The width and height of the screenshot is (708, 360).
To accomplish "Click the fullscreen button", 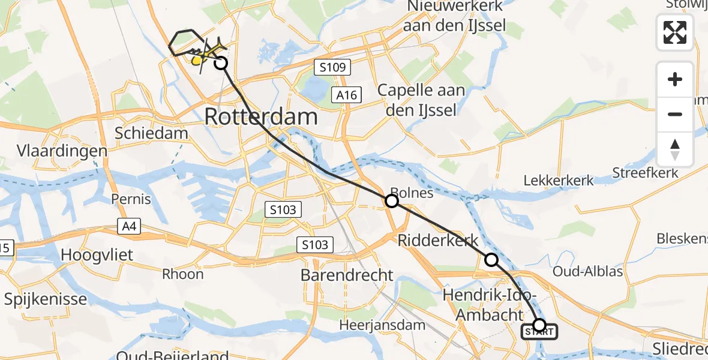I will pyautogui.click(x=675, y=32).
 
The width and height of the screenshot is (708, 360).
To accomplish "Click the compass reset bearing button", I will pyautogui.click(x=675, y=149).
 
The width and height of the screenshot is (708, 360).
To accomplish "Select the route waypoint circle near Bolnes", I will pyautogui.click(x=391, y=202).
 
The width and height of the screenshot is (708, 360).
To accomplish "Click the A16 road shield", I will pyautogui.click(x=347, y=94).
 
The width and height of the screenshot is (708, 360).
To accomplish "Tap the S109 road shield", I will pyautogui.click(x=332, y=67).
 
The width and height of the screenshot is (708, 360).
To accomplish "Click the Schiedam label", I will pyautogui.click(x=154, y=133).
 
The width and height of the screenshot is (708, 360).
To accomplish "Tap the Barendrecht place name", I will pyautogui.click(x=347, y=275).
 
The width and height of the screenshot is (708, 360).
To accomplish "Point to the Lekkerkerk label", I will pyautogui.click(x=559, y=180).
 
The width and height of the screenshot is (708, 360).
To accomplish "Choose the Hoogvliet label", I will pyautogui.click(x=97, y=256).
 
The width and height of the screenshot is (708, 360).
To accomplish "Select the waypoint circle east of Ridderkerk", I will pyautogui.click(x=491, y=260).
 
